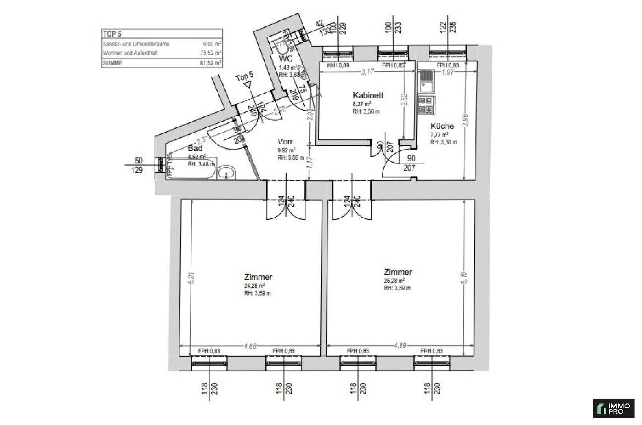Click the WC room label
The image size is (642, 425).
coord(286,59)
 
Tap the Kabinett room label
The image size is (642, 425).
coord(368,95)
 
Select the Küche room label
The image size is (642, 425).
coord(442,126)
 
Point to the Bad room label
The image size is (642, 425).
coord(195,148)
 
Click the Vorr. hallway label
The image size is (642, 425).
coord(286,142)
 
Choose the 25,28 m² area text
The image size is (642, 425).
coord(394,281)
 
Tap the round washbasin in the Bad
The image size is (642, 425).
coord(227,172)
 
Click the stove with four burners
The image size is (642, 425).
coord(426,105)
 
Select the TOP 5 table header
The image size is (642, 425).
coord(112,34)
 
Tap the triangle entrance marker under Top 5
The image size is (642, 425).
coord(247,84)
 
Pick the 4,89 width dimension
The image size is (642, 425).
coord(400,346)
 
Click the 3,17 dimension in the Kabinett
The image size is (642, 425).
coord(367,72)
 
